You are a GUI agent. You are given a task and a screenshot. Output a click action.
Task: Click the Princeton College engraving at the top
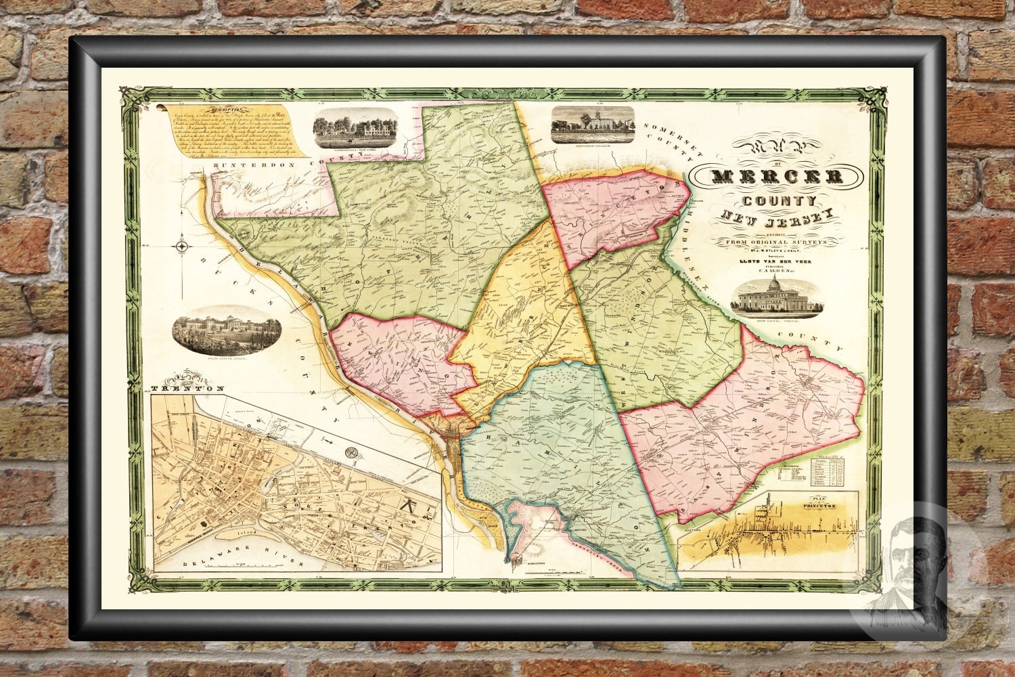point(593,124)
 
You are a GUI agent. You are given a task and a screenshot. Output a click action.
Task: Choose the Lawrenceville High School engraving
point(355,125)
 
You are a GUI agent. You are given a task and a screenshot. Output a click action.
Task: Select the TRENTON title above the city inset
point(187,389)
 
